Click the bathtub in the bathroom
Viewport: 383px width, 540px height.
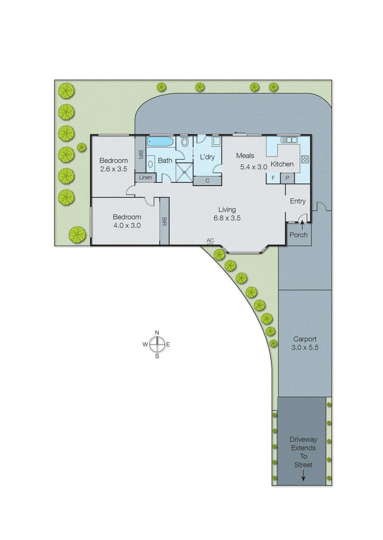[161, 141]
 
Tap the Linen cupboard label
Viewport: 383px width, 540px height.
[145, 178]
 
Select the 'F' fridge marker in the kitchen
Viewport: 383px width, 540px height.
[273, 178]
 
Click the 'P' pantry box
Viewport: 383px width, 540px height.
[287, 178]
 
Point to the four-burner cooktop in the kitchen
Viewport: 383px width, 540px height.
[305, 159]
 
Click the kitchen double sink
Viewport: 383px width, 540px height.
[289, 140]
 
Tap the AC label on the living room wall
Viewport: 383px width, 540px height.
[210, 240]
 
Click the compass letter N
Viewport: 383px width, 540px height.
[157, 333]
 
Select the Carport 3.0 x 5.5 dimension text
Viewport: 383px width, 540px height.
[305, 348]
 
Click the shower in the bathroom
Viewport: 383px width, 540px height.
[185, 172]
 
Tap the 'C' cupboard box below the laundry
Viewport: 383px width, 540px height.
[207, 181]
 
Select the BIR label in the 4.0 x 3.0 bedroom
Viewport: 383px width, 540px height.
[164, 221]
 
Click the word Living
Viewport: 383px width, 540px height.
[227, 210]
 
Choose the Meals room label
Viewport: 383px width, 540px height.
[245, 156]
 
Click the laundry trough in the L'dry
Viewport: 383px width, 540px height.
[216, 141]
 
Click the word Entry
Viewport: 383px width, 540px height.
[297, 201]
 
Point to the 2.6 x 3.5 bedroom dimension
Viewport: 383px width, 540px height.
[114, 169]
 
